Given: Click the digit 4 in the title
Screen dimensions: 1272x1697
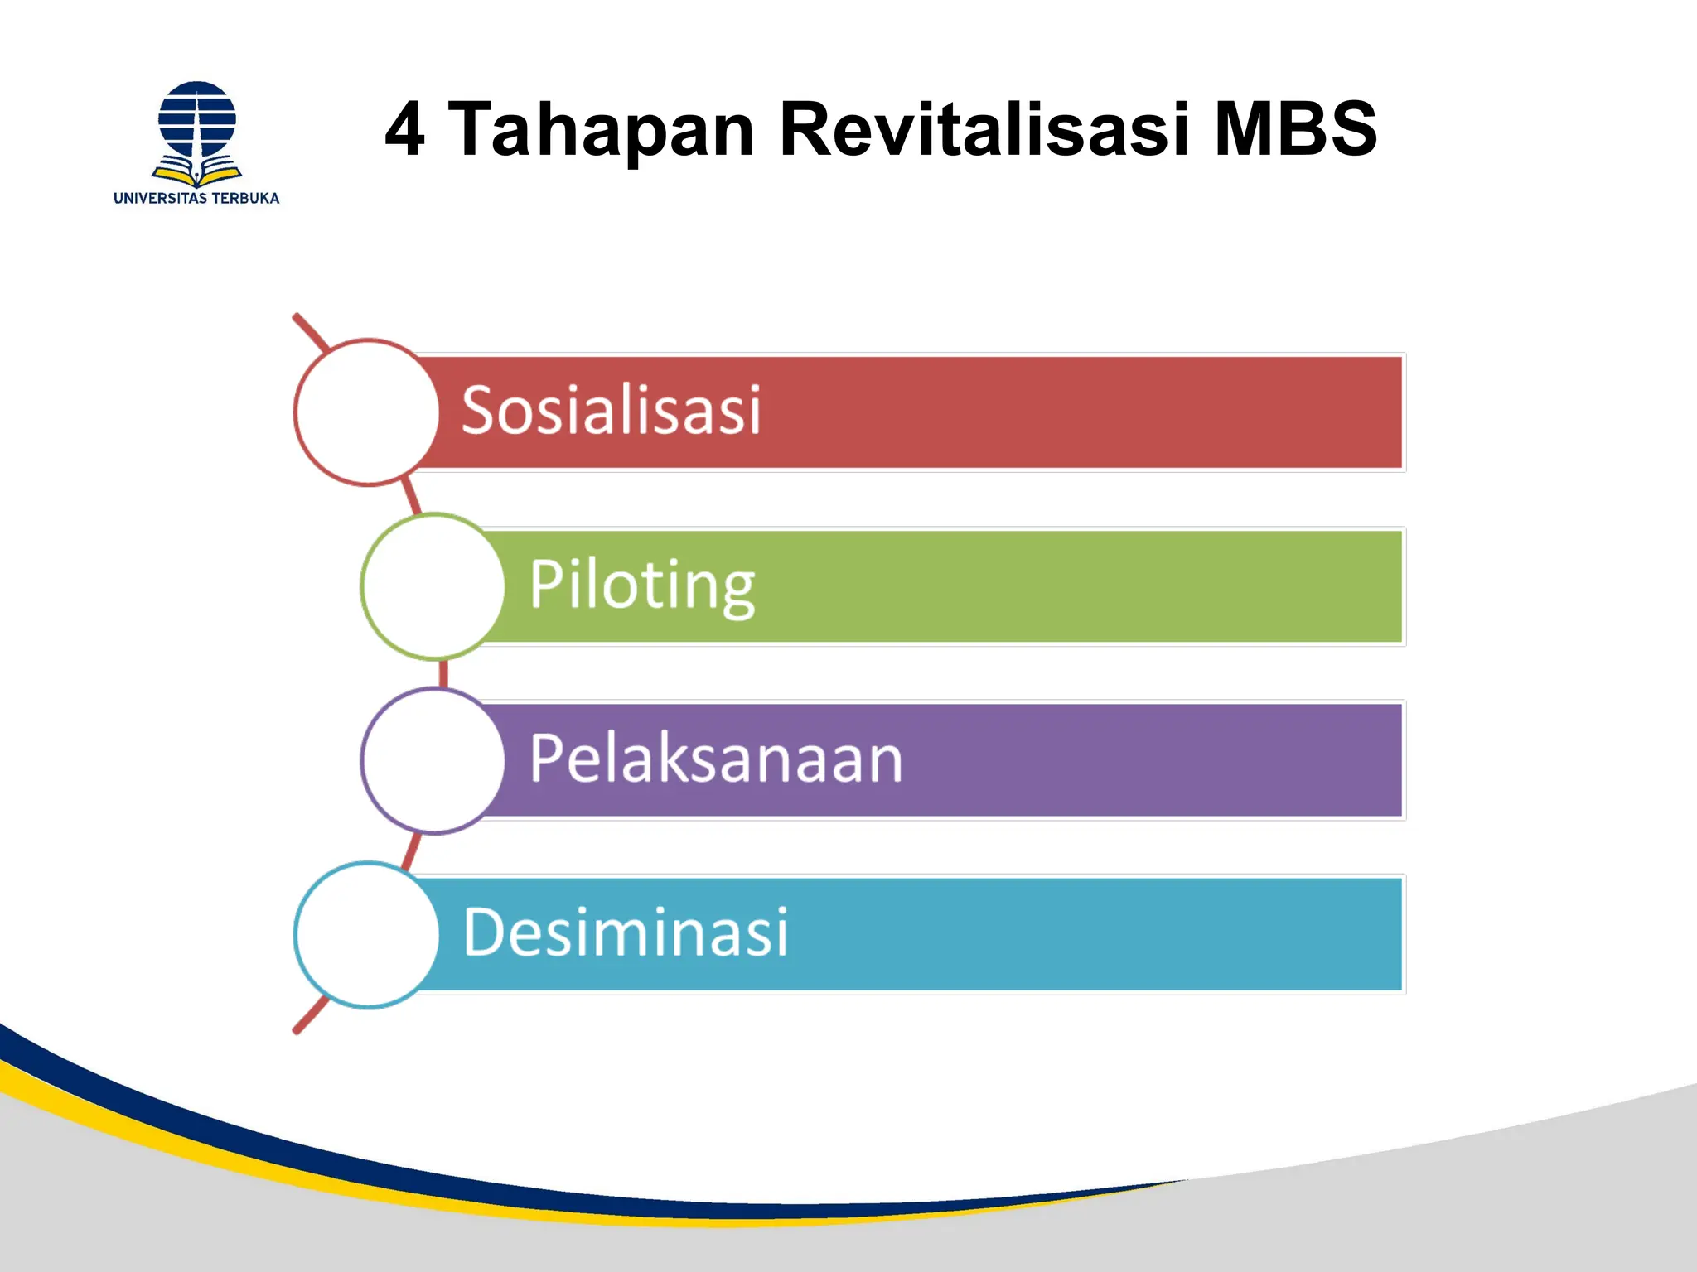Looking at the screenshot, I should pos(405,129).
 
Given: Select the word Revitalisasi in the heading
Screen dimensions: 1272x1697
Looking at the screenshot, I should pos(984,129).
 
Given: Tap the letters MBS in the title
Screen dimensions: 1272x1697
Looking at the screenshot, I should pos(1294,129).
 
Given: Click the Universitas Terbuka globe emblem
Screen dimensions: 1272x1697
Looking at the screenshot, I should pos(197,119).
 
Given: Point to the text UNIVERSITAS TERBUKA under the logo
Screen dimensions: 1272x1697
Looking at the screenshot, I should pos(196,198).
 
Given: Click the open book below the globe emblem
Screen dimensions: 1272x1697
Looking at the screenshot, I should pos(197,172).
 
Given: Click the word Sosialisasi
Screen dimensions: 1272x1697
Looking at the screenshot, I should pos(611,410).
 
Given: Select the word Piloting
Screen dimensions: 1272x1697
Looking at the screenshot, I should pos(642,585).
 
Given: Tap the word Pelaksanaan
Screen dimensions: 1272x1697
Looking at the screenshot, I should pos(716,759).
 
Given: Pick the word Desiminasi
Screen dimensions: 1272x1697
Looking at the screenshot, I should pos(626,932).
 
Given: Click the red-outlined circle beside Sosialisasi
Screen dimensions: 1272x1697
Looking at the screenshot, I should pos(366,412).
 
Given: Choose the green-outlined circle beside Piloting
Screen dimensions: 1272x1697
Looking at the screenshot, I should pos(433,586).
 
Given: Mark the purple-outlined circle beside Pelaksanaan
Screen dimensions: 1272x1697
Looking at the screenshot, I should pos(433,760).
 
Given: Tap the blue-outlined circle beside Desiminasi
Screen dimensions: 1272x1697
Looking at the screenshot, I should pos(366,934).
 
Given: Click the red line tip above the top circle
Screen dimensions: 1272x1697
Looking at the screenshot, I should pos(298,318).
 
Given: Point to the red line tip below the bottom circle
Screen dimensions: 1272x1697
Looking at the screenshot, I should pos(298,1029).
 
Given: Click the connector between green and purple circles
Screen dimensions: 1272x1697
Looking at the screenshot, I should pos(443,673).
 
